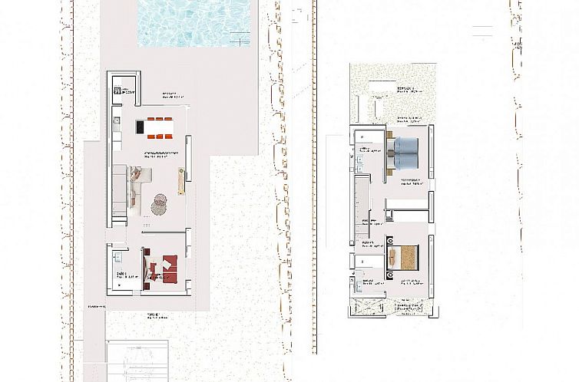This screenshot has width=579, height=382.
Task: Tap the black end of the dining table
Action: click(x=142, y=127)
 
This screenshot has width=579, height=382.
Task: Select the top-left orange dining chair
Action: click(x=151, y=119)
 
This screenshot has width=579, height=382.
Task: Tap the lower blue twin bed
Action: click(x=406, y=160)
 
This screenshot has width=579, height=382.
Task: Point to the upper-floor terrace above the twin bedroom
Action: click(x=392, y=92)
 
